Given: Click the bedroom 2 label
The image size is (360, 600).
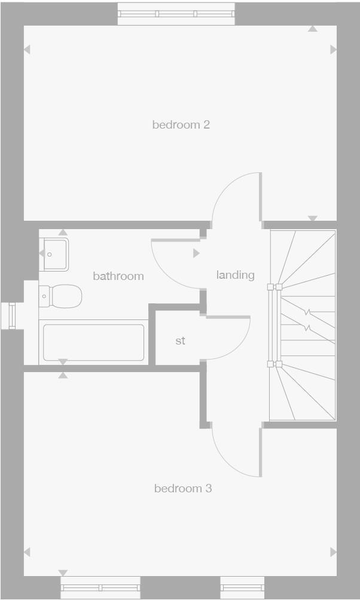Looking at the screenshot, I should (181, 125).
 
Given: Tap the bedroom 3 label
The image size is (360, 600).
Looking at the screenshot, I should (183, 489).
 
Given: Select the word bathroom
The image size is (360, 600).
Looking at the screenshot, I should (118, 276).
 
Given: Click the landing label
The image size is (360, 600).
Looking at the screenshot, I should (235, 275).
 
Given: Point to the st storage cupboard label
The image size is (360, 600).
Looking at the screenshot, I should (180, 341).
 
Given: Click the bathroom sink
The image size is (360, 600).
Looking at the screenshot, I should (54, 254).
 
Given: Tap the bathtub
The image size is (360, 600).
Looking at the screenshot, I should (93, 342).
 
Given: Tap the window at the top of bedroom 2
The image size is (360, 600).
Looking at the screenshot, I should (176, 14).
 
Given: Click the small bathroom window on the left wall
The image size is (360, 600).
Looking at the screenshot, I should (11, 315).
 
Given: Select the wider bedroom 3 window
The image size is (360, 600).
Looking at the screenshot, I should (100, 587).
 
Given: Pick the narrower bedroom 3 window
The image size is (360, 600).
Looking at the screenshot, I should (242, 587).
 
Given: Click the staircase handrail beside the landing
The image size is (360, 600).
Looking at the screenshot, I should (274, 325).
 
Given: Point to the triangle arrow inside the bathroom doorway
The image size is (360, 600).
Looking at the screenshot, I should (196, 254).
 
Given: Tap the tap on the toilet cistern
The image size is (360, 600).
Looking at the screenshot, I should (44, 296).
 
